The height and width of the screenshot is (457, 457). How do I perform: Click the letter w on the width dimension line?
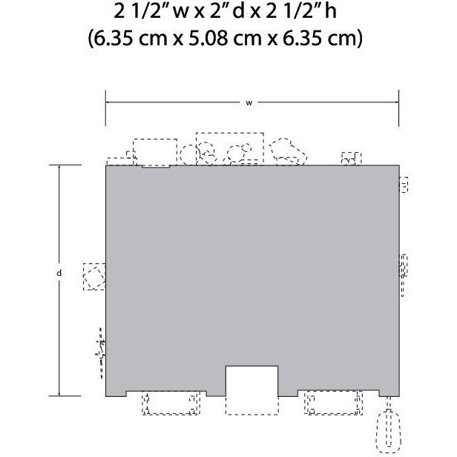249,103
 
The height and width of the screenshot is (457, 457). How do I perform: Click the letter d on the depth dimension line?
59,273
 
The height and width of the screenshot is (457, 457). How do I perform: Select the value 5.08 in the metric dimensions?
208,38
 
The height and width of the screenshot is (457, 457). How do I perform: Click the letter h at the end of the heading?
331,12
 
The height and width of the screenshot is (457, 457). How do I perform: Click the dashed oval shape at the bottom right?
388,431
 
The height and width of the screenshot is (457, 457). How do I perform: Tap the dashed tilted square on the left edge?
94,277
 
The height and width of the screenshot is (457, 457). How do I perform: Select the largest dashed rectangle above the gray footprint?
230,149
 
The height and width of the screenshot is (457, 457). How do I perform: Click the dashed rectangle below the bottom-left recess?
171,403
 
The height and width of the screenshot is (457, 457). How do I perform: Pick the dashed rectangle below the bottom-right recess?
333,403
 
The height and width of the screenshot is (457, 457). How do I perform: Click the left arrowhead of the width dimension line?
108,102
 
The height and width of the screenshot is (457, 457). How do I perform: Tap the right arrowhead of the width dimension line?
397,102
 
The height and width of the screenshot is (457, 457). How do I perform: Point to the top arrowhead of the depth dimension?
59,167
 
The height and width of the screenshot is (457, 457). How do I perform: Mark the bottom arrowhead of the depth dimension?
59,394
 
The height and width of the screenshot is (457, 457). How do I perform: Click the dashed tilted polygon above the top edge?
288,151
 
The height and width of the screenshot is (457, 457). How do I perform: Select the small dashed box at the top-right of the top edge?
351,159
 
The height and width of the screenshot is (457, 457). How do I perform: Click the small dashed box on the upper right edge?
404,185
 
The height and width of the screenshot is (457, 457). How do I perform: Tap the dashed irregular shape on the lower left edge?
101,353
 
